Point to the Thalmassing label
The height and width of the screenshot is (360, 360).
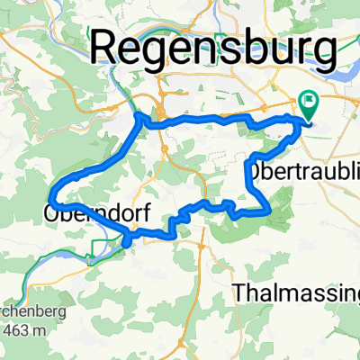(x=295, y=293)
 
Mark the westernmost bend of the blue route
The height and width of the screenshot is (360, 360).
(x=52, y=192)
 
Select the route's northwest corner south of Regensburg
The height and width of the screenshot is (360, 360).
(x=139, y=114)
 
